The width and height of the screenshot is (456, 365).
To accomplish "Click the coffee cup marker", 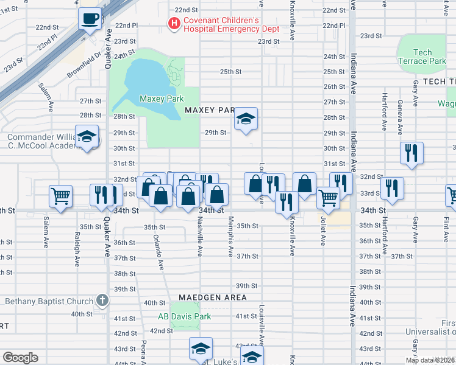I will pos(90,19).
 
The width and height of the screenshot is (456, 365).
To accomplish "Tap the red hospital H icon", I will pos(174,24).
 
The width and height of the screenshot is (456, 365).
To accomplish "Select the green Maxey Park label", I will pos(162,99).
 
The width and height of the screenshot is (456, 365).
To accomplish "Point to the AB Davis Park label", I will pos(184,316).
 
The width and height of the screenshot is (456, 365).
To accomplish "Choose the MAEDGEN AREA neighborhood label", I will pos(213,297).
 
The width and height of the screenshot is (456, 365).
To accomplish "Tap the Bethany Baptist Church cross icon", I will pos(102,301).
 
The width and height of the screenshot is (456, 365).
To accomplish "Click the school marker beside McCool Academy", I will pos(87,137).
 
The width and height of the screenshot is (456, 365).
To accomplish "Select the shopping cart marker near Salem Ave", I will pos(61,196).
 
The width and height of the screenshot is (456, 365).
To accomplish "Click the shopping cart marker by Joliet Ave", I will pos(328,198).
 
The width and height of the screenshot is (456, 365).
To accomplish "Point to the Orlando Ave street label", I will pos(158,252).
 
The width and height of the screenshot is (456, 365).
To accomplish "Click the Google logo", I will pos(20,358).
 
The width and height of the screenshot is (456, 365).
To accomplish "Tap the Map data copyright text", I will pos(430,360).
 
